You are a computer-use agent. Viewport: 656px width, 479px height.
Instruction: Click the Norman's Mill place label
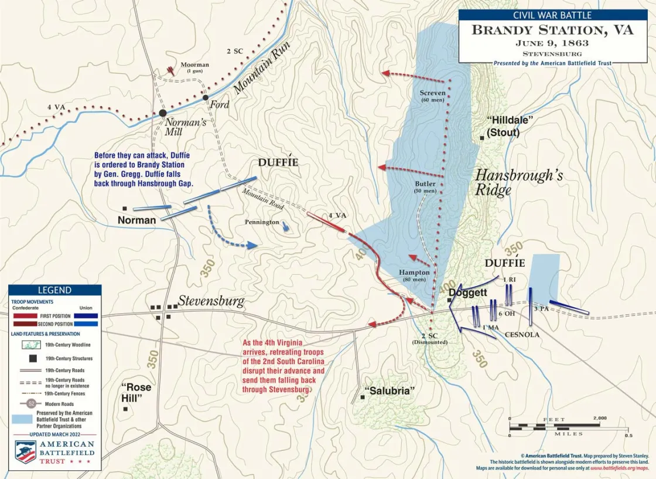(x=186, y=127)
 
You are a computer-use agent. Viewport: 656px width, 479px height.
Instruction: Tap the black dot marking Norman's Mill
(x=162, y=113)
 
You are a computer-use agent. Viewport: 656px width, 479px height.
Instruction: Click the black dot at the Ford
(x=206, y=97)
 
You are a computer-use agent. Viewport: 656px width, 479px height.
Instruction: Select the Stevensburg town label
(x=211, y=301)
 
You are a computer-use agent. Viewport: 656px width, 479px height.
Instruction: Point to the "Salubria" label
(x=389, y=391)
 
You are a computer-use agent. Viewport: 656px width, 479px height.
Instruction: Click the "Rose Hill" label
(x=136, y=393)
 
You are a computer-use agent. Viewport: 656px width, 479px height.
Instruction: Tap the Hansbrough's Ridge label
(x=518, y=182)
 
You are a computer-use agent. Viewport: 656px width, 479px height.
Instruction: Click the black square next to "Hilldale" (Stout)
(x=481, y=138)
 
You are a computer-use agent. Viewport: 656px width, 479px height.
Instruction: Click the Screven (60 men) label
(x=433, y=96)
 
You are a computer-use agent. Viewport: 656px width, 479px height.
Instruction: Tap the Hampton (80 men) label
(x=414, y=276)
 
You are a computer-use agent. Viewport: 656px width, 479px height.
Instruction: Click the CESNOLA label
(x=522, y=335)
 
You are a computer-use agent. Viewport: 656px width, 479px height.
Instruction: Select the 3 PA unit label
(x=541, y=308)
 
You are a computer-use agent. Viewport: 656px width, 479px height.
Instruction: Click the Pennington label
(x=262, y=222)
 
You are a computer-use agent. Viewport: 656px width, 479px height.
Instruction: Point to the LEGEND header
(x=54, y=290)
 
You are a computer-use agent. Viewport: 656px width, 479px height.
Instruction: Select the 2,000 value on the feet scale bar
(x=599, y=419)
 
